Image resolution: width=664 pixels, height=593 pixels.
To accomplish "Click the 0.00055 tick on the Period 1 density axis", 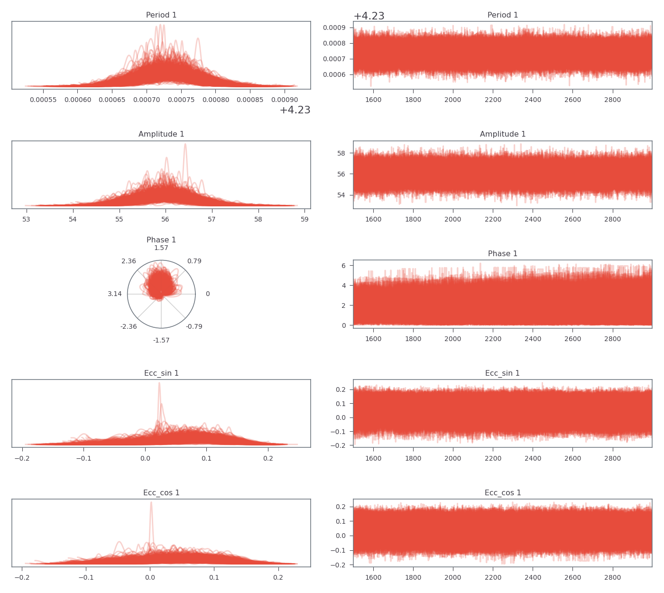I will (43, 100).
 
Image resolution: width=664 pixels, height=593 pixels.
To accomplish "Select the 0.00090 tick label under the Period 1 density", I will (284, 100).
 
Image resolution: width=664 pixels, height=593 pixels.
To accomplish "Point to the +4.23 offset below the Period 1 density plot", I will (295, 110).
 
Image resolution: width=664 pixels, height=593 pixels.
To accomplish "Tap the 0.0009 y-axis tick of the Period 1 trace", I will (334, 28).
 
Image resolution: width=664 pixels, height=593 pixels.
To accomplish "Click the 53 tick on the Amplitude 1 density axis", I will (27, 219).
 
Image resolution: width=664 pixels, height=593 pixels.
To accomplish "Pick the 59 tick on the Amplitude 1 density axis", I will (304, 219).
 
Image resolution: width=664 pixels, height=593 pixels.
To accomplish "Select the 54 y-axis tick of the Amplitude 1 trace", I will (341, 195).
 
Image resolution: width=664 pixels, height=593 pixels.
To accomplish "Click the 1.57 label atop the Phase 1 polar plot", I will (161, 248).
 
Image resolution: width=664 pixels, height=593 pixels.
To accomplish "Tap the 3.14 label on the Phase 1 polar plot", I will (115, 294).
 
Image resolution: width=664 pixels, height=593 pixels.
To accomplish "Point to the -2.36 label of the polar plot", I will (129, 326).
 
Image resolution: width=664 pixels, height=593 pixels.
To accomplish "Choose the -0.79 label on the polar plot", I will (194, 326).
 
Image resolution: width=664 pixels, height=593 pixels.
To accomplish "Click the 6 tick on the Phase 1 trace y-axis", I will (343, 266).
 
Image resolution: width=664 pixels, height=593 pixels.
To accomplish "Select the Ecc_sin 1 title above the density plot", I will (161, 373).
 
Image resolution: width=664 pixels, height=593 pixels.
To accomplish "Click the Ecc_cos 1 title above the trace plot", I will (503, 493).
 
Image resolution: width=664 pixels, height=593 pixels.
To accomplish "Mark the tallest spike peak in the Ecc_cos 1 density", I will (151, 502).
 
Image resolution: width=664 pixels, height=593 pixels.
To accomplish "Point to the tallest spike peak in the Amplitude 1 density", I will (185, 144).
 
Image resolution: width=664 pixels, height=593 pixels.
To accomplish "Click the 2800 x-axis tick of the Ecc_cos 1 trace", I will (613, 578).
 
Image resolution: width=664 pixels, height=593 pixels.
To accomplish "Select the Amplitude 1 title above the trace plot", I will (503, 134).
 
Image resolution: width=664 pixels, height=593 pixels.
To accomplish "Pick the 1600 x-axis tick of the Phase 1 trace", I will (373, 339).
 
